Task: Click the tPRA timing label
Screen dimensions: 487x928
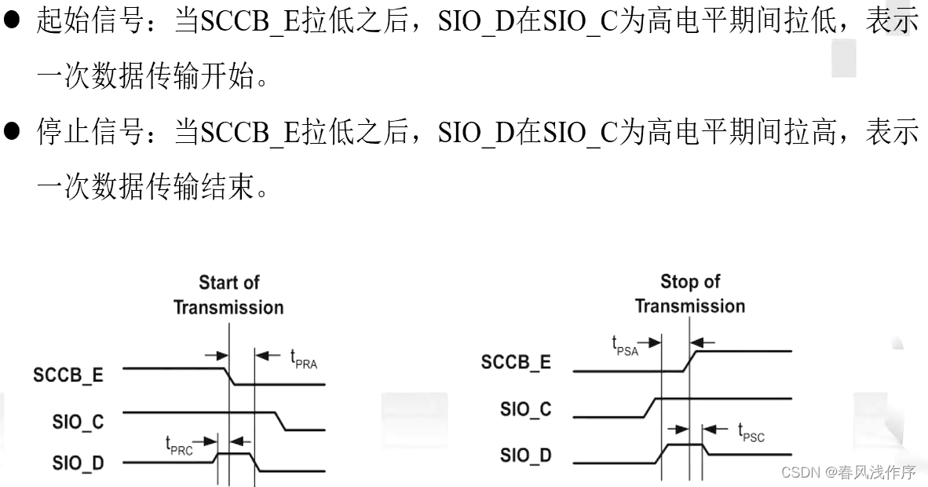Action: [x=303, y=360]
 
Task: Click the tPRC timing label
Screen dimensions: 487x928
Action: [x=179, y=445]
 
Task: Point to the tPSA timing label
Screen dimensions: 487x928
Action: [x=625, y=346]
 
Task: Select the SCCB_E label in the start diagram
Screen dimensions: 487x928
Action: [x=68, y=375]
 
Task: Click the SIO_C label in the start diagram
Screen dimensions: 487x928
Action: [x=78, y=422]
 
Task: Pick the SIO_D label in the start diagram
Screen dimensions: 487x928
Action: [x=78, y=463]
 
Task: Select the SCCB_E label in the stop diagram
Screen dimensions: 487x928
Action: [x=516, y=362]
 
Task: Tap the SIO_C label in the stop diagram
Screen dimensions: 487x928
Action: [x=525, y=409]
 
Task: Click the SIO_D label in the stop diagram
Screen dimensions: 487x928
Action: [x=525, y=455]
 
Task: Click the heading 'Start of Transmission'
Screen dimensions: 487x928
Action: [x=228, y=295]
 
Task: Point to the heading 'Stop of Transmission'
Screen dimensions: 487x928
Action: [x=690, y=294]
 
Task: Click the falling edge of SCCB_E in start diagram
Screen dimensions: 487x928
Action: [x=229, y=376]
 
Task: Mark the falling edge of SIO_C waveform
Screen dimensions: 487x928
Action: [x=280, y=421]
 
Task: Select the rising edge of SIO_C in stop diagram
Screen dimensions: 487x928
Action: [x=649, y=407]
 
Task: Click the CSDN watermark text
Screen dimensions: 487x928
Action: [x=849, y=472]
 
